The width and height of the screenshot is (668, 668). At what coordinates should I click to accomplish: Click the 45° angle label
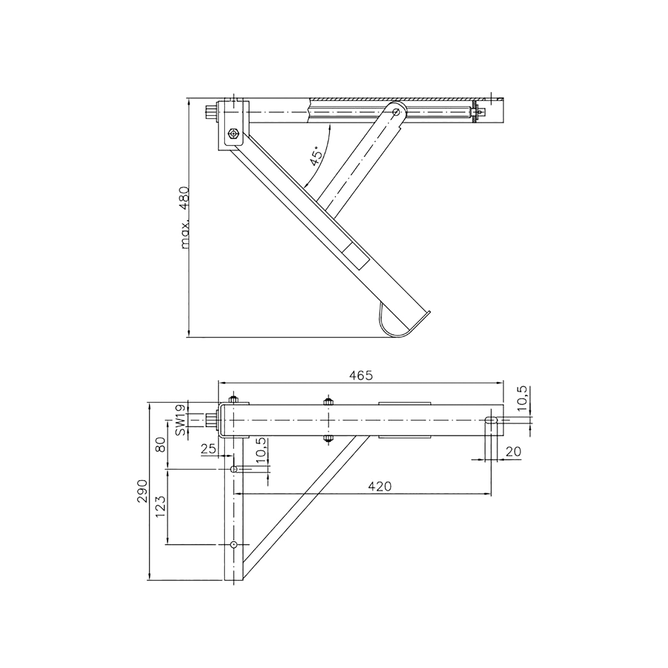click(x=316, y=157)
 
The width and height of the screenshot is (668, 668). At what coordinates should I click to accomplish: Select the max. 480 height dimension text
click(x=185, y=218)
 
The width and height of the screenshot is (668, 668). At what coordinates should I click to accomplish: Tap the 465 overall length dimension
click(x=361, y=376)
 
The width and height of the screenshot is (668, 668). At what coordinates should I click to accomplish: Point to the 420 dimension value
click(x=380, y=486)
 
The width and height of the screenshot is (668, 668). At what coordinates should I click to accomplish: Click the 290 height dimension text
click(x=143, y=491)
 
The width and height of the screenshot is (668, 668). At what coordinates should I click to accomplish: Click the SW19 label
click(x=180, y=420)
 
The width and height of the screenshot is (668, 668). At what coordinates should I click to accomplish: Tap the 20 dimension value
click(x=513, y=451)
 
